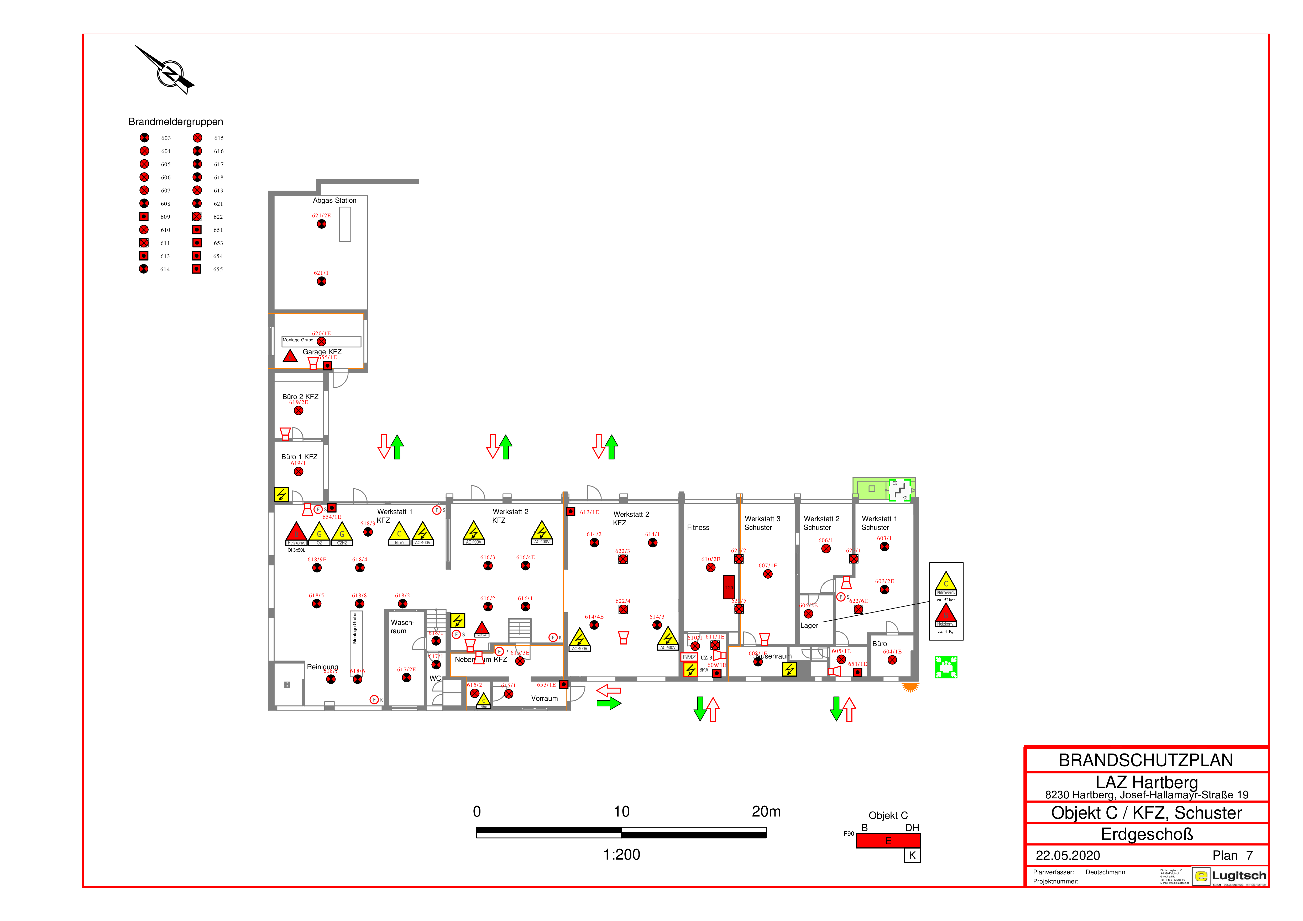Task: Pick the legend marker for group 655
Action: (196, 269)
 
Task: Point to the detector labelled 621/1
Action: (321, 281)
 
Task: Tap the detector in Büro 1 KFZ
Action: (299, 472)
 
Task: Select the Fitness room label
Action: (698, 527)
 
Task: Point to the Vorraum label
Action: (544, 699)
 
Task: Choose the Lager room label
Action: (809, 625)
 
